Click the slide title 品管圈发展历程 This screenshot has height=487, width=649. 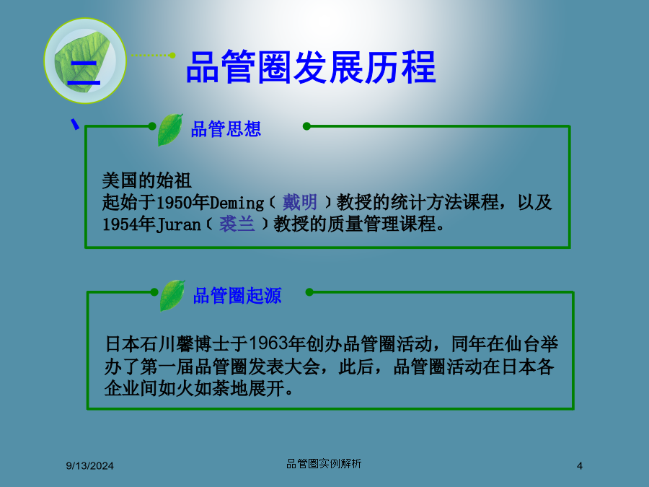pos(311,67)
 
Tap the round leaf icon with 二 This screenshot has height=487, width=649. pos(85,61)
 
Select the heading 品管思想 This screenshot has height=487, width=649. pos(226,129)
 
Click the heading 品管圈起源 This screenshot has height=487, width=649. pos(237,296)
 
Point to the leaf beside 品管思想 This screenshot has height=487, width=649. pos(169,129)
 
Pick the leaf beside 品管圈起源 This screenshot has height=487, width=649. pos(172,295)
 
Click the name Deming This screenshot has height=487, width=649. pos(237,203)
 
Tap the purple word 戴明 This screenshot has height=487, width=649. pos(300,203)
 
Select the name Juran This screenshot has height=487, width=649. pos(178,225)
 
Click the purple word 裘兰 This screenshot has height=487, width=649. pos(237,224)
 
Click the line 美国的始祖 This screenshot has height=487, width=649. pos(146,180)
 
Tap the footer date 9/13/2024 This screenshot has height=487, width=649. pos(90,466)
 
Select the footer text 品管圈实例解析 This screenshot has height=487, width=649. pos(324,464)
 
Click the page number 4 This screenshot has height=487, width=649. pos(580,466)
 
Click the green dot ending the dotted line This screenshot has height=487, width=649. pos(172,55)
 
